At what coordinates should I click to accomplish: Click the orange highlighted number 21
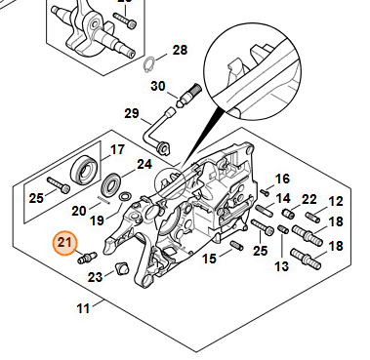pyautogui.click(x=64, y=243)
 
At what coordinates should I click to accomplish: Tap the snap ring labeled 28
pyautogui.click(x=148, y=64)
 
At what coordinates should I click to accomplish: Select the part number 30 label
pyautogui.click(x=158, y=86)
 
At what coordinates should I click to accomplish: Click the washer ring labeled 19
pyautogui.click(x=125, y=196)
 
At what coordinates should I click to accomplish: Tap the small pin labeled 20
pyautogui.click(x=103, y=200)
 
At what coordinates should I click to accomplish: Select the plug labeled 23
pyautogui.click(x=121, y=268)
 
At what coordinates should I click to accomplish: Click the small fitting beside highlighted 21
pyautogui.click(x=87, y=258)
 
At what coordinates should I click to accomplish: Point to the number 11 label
pyautogui.click(x=83, y=308)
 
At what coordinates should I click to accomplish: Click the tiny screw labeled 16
pyautogui.click(x=265, y=192)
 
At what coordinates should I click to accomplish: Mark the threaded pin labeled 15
pyautogui.click(x=236, y=245)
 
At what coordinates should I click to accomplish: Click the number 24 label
pyautogui.click(x=144, y=164)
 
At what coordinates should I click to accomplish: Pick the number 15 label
pyautogui.click(x=209, y=259)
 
